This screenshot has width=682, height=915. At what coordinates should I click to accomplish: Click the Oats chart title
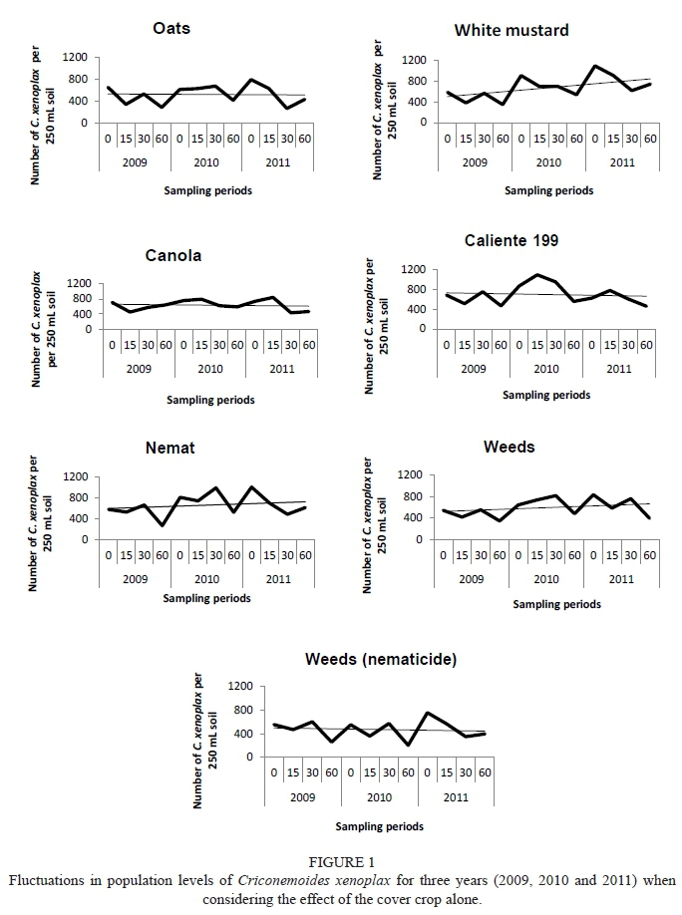tap(172, 28)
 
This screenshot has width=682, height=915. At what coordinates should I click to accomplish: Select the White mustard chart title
tap(511, 30)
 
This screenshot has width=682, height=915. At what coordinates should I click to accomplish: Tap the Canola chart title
tap(173, 255)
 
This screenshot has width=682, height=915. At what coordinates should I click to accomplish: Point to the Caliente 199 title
tap(511, 240)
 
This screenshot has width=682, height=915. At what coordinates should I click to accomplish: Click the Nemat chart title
tap(170, 448)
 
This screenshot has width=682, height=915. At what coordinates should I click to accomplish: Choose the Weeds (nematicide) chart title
tap(368, 660)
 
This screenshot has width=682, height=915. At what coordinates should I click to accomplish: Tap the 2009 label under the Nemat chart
tap(137, 578)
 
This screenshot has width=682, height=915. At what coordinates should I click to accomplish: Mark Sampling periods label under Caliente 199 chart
tap(545, 395)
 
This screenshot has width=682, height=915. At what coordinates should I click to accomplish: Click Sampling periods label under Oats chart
tap(207, 188)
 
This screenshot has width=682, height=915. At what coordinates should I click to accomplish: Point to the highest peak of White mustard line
tap(595, 66)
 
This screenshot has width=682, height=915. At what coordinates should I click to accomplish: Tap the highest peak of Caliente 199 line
tap(538, 274)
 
